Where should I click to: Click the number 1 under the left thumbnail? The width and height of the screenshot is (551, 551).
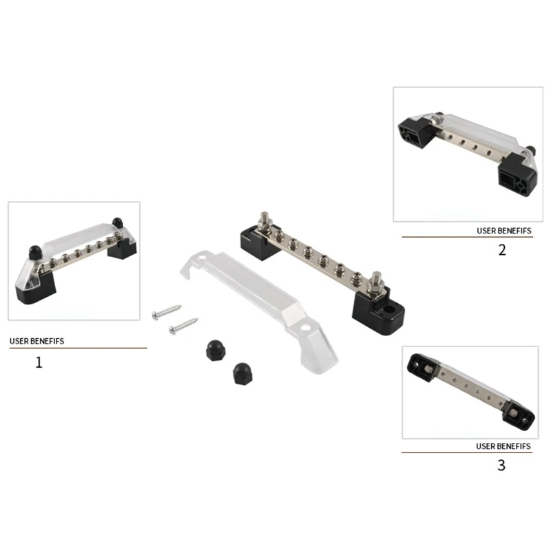[x=39, y=362]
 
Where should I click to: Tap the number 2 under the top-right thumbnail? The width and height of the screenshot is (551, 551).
[x=502, y=250]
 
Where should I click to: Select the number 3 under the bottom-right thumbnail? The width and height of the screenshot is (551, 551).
[x=501, y=466]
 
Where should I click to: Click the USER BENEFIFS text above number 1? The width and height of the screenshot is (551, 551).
[x=37, y=341]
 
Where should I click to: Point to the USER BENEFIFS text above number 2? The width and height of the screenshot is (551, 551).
[x=504, y=231]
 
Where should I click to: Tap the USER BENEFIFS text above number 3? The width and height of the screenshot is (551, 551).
[x=503, y=446]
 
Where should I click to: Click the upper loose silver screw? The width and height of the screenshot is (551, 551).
[x=167, y=312]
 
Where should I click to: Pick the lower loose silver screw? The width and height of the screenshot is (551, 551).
[x=183, y=326]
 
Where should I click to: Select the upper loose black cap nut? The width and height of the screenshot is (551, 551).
[x=215, y=350]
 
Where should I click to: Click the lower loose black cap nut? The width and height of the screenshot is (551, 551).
[x=242, y=374]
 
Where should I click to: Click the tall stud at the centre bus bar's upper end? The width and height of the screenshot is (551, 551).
[x=264, y=220]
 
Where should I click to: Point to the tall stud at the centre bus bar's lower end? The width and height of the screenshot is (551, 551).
[x=376, y=283]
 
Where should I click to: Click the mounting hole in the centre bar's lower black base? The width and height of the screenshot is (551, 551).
[x=388, y=310]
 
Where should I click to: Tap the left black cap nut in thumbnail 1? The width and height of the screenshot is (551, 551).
[x=36, y=253]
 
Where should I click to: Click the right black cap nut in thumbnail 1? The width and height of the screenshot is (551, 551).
[x=117, y=222]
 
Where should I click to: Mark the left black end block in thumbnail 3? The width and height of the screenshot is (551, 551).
[x=421, y=368]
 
